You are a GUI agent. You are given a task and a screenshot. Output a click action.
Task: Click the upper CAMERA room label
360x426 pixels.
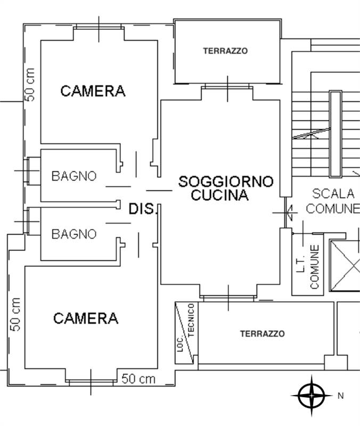[x=93, y=91]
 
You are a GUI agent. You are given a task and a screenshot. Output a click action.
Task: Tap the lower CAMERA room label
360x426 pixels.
[x=86, y=318]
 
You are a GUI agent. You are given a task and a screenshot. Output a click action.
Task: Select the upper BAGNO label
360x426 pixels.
[x=74, y=176]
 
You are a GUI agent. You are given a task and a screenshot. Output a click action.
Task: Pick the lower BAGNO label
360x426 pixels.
[x=74, y=234]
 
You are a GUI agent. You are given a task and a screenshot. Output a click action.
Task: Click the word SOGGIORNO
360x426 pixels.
[x=226, y=182]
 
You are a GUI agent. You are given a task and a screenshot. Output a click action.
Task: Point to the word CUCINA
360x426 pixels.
[x=220, y=195]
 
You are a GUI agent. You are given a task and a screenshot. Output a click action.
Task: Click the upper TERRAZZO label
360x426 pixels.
[x=225, y=51]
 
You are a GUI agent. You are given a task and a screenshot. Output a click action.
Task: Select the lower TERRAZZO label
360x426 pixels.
[x=263, y=334]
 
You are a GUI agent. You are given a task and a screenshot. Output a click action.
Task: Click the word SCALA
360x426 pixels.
[x=333, y=194]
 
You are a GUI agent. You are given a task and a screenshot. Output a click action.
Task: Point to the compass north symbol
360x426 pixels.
[x=312, y=396]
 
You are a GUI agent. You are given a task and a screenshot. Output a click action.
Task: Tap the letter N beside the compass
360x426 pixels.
[x=341, y=396]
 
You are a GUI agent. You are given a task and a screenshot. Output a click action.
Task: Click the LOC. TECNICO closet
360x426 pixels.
[x=186, y=333]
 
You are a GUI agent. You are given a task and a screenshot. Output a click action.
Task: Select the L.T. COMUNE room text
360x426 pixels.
[x=308, y=267]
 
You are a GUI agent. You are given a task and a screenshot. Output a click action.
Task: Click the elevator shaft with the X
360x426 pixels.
[x=345, y=266]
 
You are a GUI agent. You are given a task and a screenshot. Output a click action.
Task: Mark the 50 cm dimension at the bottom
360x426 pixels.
[x=138, y=379]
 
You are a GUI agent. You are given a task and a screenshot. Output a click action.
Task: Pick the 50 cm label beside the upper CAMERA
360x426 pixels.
[x=30, y=85]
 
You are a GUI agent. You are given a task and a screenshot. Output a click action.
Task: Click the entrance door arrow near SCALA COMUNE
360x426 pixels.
[x=288, y=212]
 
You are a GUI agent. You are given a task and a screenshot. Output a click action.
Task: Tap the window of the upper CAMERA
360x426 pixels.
[x=99, y=26]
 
